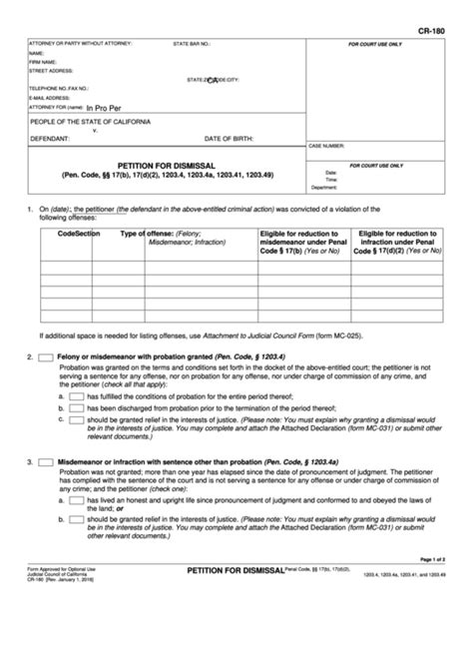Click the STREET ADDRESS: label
click(53, 71)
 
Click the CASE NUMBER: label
click(328, 145)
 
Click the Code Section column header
click(80, 233)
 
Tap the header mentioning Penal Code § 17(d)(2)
click(397, 242)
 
